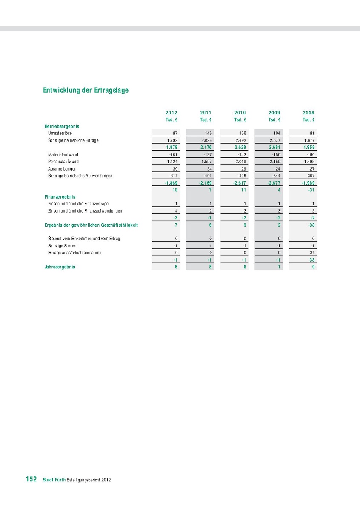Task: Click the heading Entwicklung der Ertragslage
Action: (86, 91)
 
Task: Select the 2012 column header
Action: (171, 113)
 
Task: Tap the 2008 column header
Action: (309, 113)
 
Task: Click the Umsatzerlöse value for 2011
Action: (208, 133)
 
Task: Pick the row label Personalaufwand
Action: (63, 162)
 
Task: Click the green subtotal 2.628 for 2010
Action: (240, 147)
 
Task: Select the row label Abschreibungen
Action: (62, 169)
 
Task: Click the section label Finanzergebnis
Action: (60, 197)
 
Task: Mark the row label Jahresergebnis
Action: (60, 267)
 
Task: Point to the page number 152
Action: (31, 479)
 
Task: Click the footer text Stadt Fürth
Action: (54, 480)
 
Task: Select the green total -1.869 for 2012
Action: (171, 183)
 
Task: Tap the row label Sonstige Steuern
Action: (63, 246)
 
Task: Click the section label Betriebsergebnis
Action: (62, 126)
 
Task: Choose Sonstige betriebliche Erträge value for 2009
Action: (274, 140)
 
